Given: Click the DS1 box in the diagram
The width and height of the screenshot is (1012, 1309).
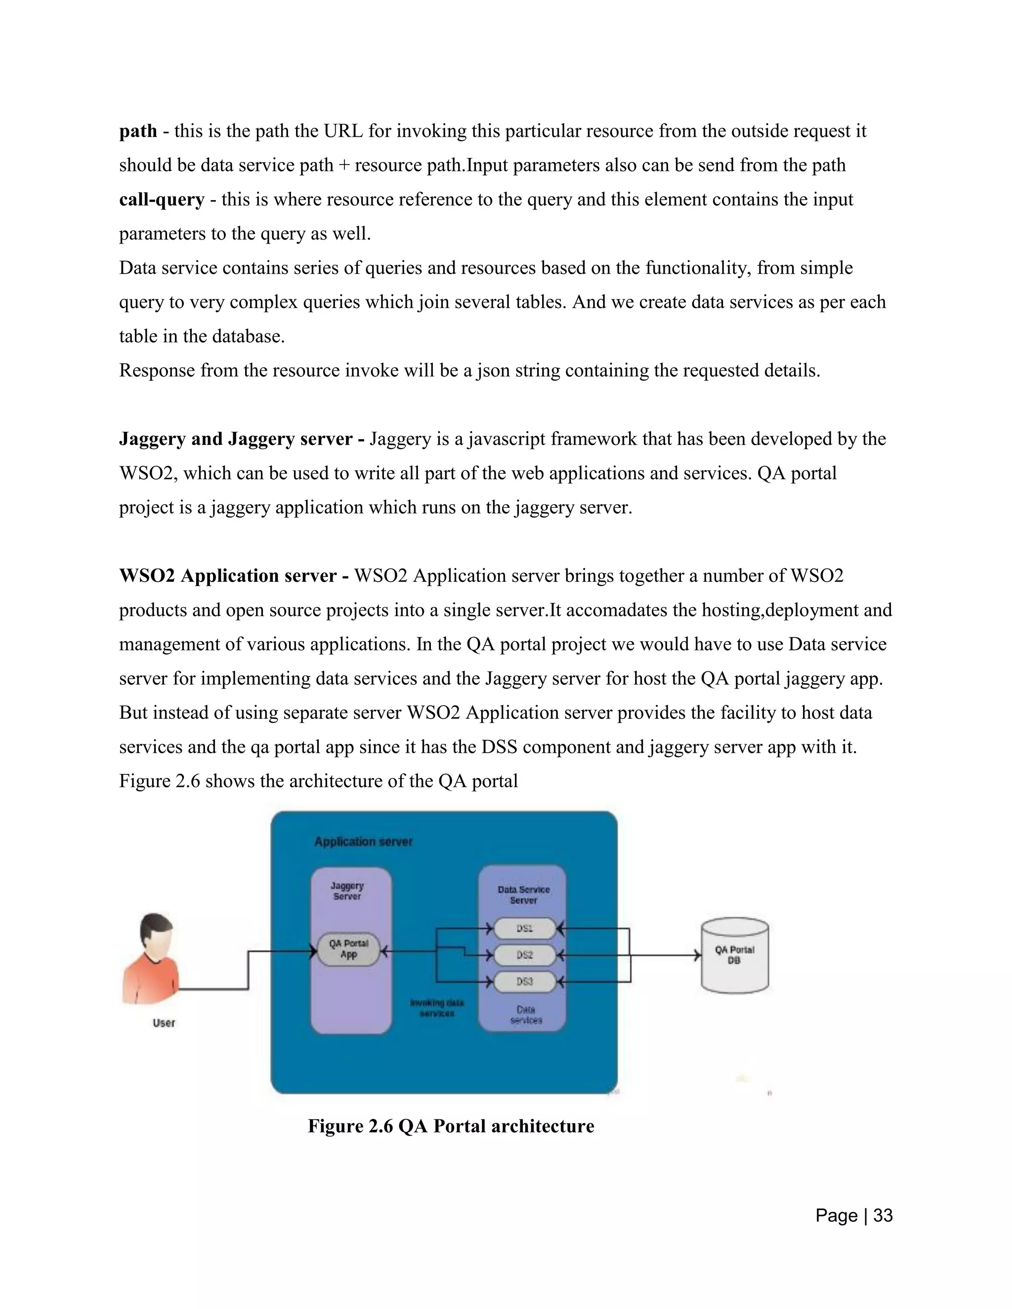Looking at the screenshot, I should click(525, 929).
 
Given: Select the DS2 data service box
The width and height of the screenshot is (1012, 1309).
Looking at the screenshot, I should click(525, 955).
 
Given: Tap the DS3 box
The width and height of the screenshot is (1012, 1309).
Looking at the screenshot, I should click(525, 982).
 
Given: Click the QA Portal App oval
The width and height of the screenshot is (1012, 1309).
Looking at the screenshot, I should click(348, 949).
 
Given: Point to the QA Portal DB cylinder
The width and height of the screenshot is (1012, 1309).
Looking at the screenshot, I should click(734, 955).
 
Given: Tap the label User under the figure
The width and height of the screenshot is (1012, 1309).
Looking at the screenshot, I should click(164, 1023).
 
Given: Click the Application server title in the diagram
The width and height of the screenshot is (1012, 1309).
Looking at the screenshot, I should click(363, 842).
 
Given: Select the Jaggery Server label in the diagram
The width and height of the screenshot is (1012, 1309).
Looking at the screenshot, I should click(347, 891).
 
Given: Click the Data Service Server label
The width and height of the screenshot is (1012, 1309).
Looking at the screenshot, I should click(523, 895).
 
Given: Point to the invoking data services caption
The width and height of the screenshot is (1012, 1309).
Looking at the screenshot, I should click(437, 1008).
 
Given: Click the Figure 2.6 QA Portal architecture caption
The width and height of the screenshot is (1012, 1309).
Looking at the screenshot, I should click(451, 1126).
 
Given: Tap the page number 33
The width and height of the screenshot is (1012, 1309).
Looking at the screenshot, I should click(883, 1216).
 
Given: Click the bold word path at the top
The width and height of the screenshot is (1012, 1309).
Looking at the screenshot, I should click(138, 131).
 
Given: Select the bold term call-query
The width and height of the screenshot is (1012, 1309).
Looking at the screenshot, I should click(162, 199).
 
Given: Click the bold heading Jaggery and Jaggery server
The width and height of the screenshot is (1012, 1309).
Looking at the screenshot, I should click(242, 439).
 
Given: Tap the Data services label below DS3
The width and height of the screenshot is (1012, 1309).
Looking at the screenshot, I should click(526, 1015).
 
